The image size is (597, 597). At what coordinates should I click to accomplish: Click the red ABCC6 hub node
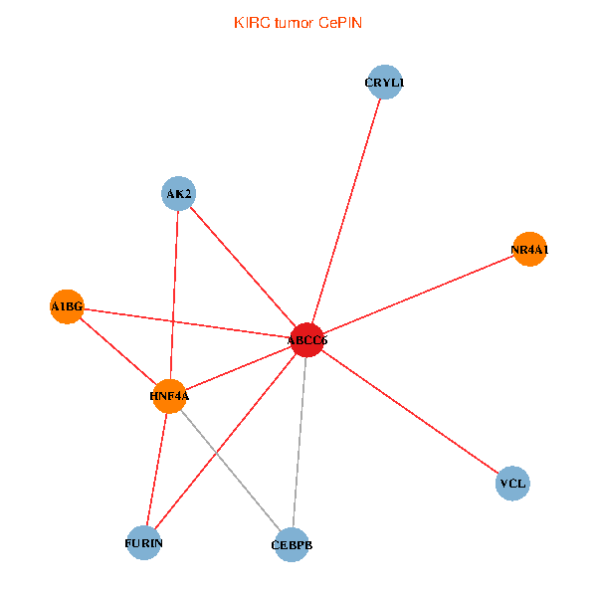(306, 340)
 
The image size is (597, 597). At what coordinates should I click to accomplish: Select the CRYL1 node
(384, 83)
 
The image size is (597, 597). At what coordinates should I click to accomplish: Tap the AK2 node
(178, 193)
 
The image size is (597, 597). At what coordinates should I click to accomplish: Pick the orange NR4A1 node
(529, 250)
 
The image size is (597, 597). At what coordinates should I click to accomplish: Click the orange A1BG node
(67, 306)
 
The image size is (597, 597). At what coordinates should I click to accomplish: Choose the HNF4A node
(169, 396)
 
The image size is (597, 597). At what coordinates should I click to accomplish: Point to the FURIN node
(144, 543)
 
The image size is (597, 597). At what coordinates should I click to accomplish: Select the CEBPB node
(291, 544)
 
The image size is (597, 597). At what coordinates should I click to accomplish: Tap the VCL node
(512, 484)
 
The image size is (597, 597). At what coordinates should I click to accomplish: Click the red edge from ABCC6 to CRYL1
(346, 209)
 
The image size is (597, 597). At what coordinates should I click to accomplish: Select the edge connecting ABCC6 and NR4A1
(418, 295)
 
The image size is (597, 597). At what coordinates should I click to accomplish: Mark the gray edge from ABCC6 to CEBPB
(298, 443)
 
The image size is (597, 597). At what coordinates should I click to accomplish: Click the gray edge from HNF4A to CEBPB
(230, 470)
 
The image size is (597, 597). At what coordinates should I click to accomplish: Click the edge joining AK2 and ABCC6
(242, 266)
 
